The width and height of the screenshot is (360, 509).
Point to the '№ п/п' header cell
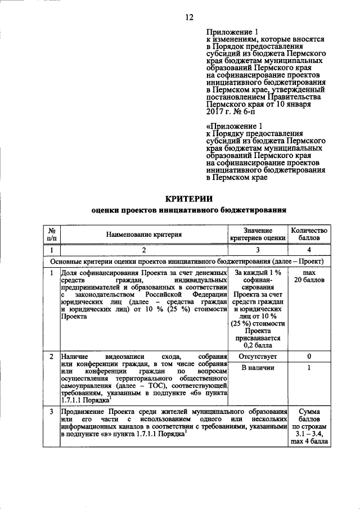pyautogui.click(x=51, y=235)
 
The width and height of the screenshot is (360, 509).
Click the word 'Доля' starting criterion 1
pyautogui.click(x=69, y=273)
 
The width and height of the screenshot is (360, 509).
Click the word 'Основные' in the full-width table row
pyautogui.click(x=68, y=262)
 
